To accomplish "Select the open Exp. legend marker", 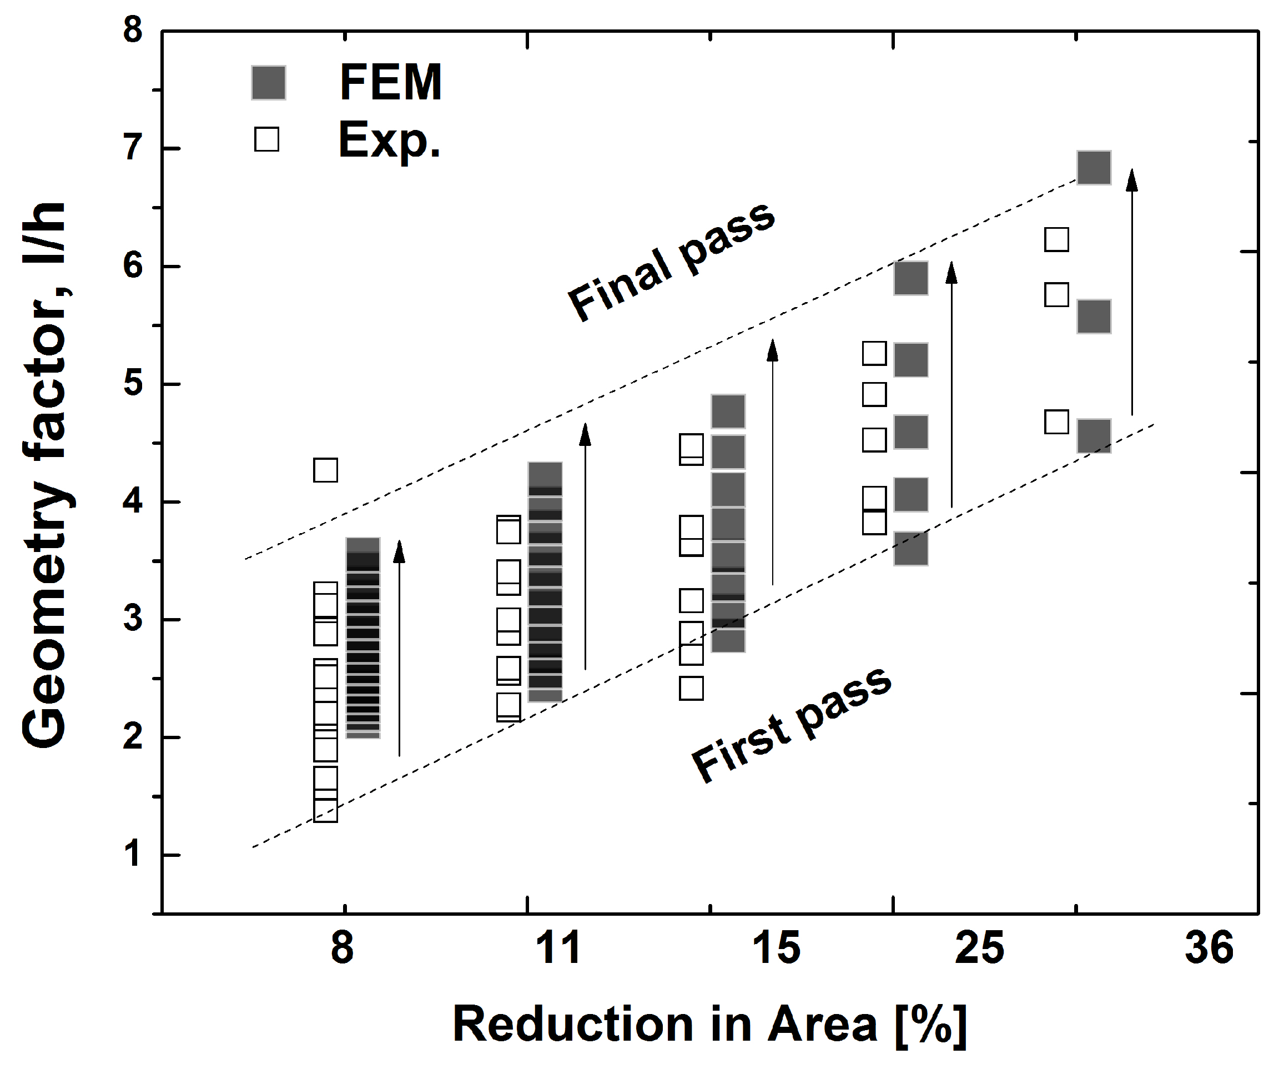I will click(x=266, y=139).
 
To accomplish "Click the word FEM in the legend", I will click(x=390, y=83).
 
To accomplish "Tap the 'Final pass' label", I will click(x=671, y=262).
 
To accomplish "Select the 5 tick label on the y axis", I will click(x=133, y=384).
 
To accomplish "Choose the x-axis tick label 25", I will click(x=979, y=948).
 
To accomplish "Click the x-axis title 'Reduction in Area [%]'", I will click(x=709, y=1025).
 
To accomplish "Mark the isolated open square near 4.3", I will click(x=325, y=470).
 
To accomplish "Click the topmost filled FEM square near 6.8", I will click(x=1094, y=168).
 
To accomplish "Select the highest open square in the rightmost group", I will click(x=1056, y=240).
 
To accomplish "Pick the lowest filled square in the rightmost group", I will click(x=1094, y=435).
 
